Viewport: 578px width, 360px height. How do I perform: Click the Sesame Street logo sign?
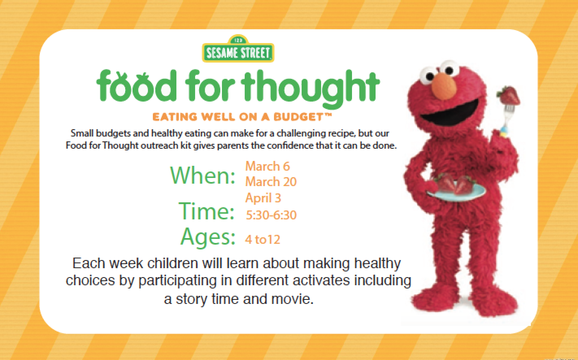click(x=238, y=49)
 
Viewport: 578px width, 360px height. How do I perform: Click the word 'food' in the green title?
click(x=137, y=86)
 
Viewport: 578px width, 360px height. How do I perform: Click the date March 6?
click(x=267, y=166)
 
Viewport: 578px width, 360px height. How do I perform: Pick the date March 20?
click(x=271, y=182)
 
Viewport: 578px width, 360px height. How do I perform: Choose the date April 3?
click(x=263, y=198)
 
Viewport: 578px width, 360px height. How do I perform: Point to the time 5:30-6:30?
click(x=271, y=215)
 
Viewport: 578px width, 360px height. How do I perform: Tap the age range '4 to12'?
click(x=263, y=239)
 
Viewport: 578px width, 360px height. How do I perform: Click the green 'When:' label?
click(x=202, y=175)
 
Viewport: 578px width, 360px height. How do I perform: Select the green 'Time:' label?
click(x=206, y=211)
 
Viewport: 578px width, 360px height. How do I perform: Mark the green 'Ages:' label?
click(x=208, y=237)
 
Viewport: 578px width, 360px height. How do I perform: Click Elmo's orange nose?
click(x=444, y=86)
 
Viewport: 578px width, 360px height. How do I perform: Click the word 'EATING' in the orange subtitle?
click(x=175, y=117)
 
